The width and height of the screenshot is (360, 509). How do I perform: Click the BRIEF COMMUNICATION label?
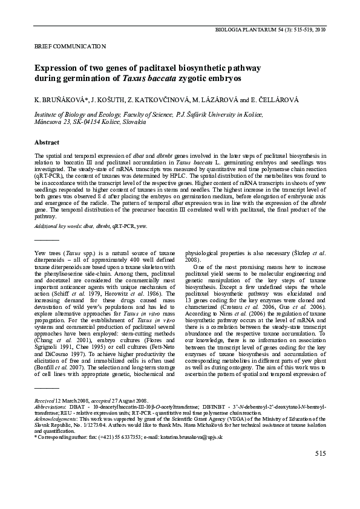pyautogui.click(x=54, y=46)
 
